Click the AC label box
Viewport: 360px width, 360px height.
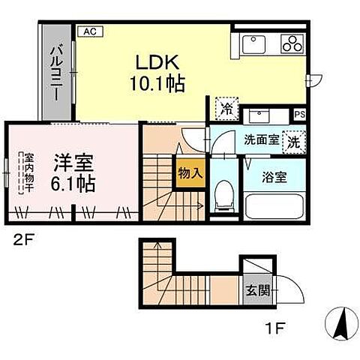point(88,31)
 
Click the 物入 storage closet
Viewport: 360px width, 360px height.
point(190,172)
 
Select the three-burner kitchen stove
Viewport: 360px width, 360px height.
point(290,44)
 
